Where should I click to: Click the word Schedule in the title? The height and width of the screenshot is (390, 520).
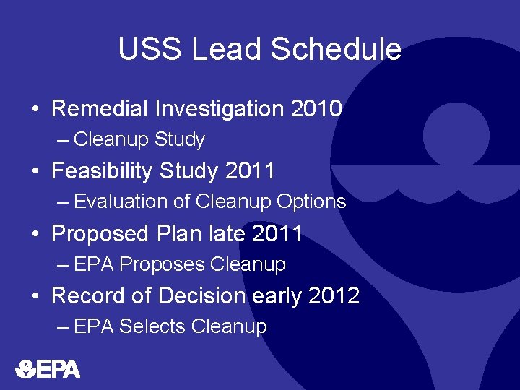(336, 50)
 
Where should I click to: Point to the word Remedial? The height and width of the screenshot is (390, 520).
(98, 109)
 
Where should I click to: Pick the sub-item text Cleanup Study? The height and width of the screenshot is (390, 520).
(139, 139)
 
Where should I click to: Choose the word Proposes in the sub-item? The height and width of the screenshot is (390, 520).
(162, 264)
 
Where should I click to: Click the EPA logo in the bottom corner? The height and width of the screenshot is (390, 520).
(48, 369)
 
